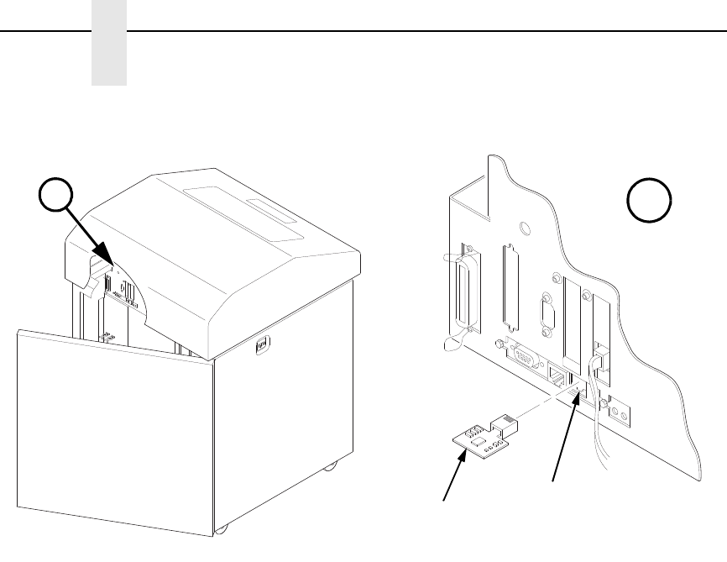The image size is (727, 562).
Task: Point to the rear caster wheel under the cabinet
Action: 332,465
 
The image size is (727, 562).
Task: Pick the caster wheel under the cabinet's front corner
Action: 221,529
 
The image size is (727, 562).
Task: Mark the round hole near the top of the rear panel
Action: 524,227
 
